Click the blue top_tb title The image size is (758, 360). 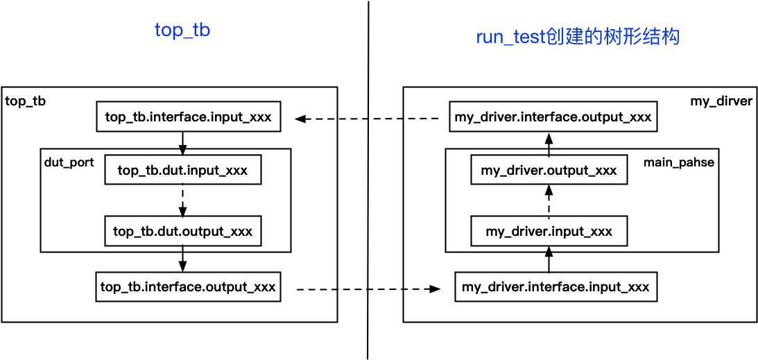coord(182,31)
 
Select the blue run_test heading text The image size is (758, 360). coord(578,37)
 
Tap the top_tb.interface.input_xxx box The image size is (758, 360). coord(189,117)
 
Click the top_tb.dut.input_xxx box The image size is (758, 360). coord(182,170)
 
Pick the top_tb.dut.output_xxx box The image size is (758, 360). coord(182,231)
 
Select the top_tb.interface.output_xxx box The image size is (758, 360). coord(189,287)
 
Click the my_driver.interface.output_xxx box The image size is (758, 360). coord(553,117)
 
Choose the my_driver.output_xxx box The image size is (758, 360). coord(549,170)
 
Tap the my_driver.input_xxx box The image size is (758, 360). coord(549,231)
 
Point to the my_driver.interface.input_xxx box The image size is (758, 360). coord(555,287)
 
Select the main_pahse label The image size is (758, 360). coord(678,162)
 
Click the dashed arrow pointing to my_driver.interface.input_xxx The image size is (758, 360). coord(368,289)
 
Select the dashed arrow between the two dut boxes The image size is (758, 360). coord(182,200)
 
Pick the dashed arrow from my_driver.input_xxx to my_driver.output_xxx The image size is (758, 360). coord(549,200)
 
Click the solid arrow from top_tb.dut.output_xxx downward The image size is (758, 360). coord(182,259)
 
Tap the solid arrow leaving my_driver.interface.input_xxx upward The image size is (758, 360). coord(549,259)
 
